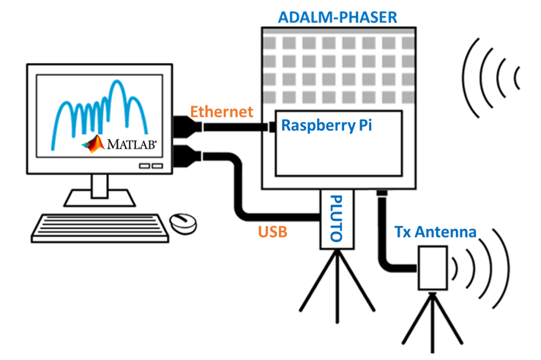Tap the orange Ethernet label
pyautogui.click(x=222, y=112)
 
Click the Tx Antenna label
pyautogui.click(x=435, y=233)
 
